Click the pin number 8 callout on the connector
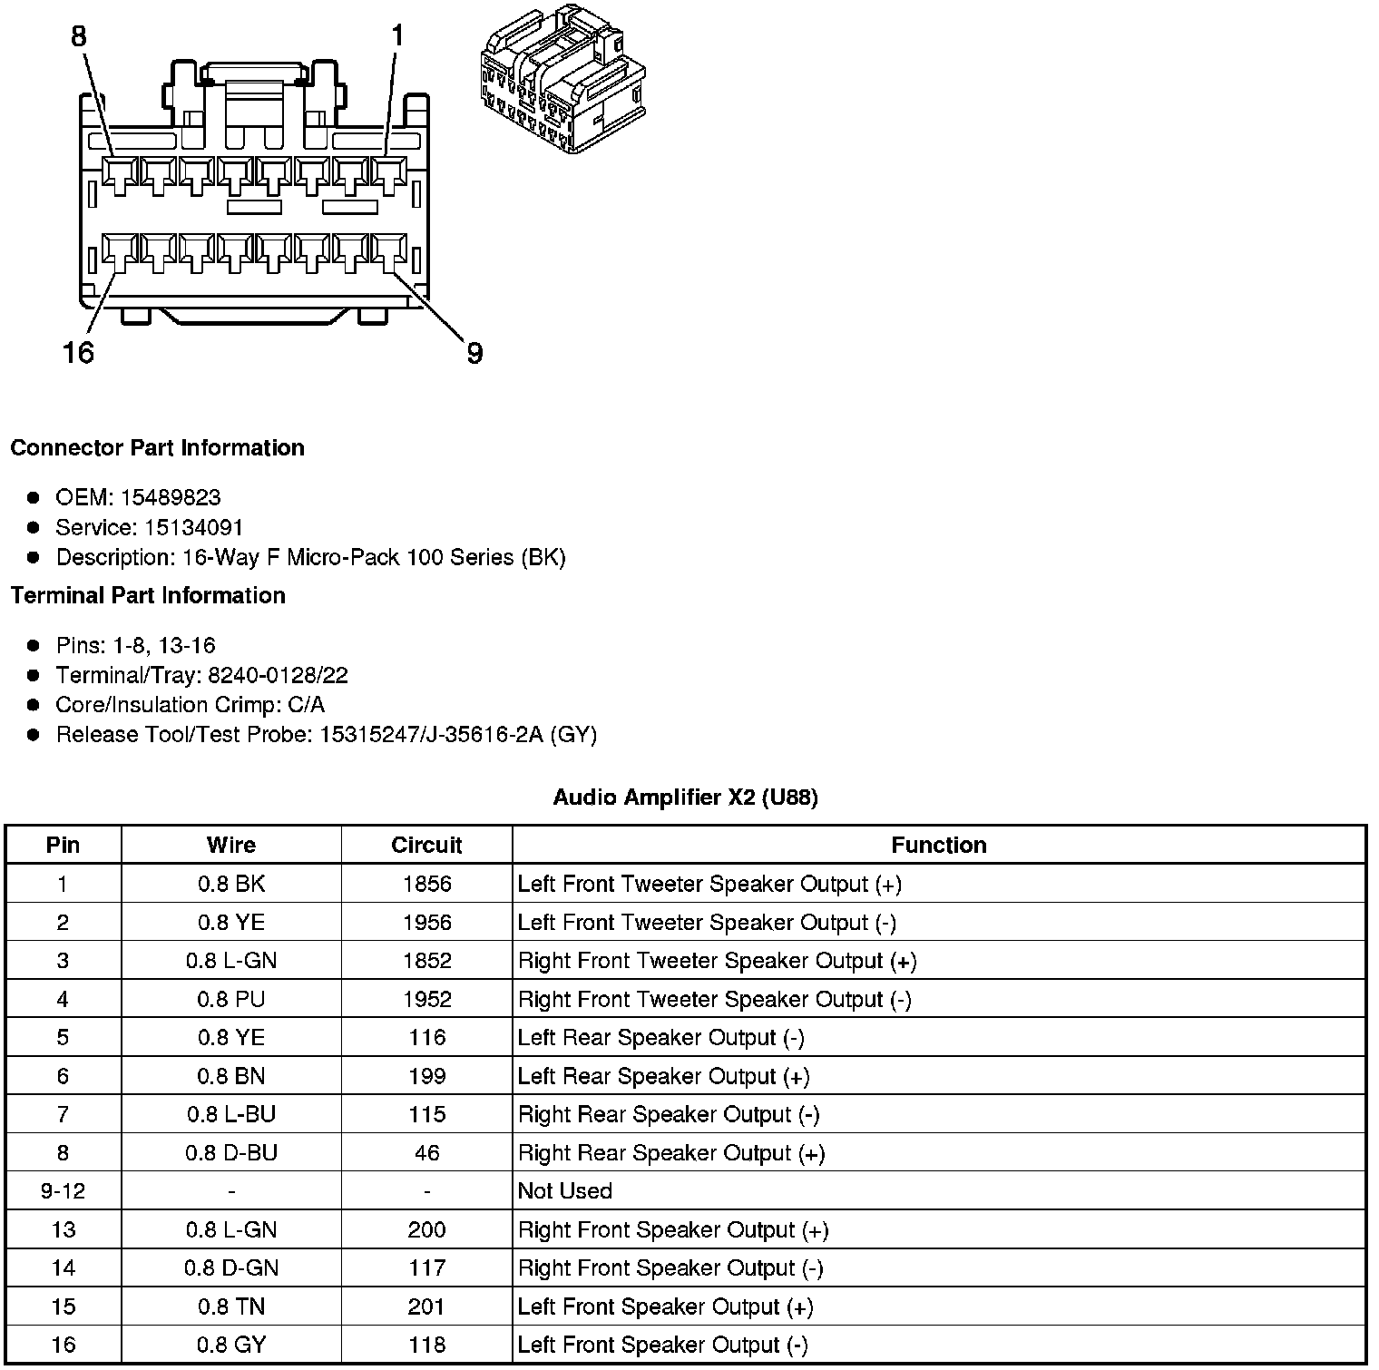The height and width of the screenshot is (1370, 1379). pos(79,36)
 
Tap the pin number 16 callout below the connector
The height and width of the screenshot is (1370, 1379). pos(79,351)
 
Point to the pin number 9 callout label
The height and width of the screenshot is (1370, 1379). pos(474,353)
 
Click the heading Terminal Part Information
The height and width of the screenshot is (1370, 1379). pos(148,595)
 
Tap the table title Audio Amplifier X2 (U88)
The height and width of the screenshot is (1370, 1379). pos(685,798)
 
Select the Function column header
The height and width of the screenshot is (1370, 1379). pos(938,845)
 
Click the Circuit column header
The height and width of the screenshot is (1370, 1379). pos(426,845)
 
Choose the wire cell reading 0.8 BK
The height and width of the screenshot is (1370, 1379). pos(231,884)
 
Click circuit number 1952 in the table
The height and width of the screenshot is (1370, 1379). pos(426,999)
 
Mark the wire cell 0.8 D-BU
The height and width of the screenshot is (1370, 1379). pos(231,1152)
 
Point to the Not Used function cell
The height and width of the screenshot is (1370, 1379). pos(564,1190)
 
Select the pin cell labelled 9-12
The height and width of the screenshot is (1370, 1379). pos(63,1190)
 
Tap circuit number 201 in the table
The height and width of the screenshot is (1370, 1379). pos(426,1306)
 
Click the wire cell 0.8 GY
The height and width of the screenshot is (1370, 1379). pos(231,1345)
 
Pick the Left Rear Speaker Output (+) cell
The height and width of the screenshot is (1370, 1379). pos(663,1076)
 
